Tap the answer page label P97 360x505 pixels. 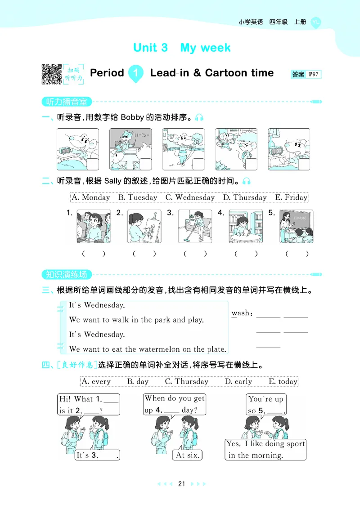314,75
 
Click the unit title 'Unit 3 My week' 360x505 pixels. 182,48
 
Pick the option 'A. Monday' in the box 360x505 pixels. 90,197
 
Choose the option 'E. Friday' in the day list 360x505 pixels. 291,197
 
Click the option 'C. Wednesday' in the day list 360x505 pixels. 190,197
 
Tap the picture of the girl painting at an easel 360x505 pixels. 144,227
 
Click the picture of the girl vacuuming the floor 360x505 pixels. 195,227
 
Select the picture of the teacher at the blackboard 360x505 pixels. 296,227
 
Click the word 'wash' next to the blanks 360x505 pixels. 241,313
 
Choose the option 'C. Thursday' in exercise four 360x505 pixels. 186,381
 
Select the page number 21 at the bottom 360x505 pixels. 181,484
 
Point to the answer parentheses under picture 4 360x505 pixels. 246,254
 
